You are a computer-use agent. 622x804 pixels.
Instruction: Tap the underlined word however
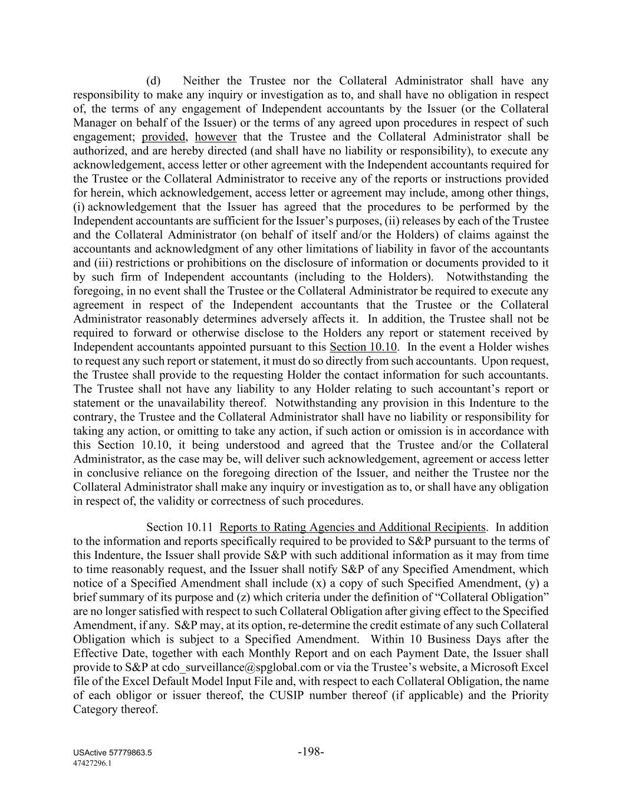[216, 137]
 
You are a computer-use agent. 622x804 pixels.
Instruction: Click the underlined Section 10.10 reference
[363, 347]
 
